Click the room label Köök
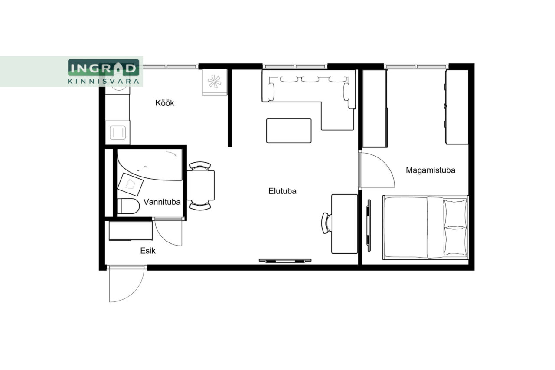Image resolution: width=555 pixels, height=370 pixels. [164, 103]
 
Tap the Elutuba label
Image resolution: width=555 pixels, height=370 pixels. [282, 191]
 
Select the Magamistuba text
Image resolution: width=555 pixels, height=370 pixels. [431, 170]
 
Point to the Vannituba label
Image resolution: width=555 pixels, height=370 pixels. [162, 202]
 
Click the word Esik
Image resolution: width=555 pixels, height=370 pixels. [148, 251]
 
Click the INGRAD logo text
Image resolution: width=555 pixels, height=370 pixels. [103, 68]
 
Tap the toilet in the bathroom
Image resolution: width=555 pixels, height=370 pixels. [128, 206]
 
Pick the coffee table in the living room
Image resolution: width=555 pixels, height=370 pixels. [289, 131]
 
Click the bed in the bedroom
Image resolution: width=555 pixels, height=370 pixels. [425, 228]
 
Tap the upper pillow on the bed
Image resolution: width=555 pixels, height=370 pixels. [455, 213]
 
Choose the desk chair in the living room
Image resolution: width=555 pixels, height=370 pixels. [326, 223]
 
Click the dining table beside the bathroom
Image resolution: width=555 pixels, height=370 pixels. [200, 185]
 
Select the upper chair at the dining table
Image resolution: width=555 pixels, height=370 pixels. [200, 166]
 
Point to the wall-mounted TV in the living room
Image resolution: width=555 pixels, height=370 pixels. [285, 260]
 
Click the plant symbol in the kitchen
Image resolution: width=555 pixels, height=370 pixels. [214, 82]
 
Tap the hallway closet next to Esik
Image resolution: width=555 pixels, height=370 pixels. [131, 231]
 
